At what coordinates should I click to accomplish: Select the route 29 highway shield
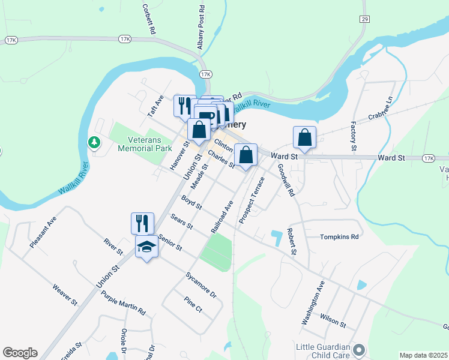(364, 19)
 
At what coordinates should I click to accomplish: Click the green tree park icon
(94, 142)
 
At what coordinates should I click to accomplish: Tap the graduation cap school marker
(146, 246)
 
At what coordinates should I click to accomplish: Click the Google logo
(20, 353)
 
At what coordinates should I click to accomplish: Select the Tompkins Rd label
(339, 237)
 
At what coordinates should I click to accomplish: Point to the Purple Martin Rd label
(123, 303)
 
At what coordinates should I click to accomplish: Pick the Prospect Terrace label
(252, 200)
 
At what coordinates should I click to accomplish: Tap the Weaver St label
(65, 295)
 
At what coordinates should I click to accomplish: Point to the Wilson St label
(333, 322)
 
